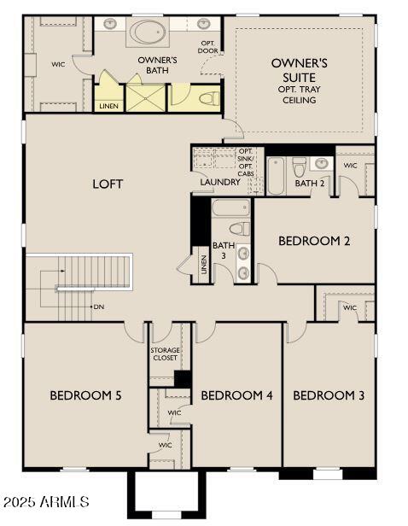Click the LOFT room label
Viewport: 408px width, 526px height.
click(x=107, y=184)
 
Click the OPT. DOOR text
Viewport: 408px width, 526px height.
click(x=207, y=46)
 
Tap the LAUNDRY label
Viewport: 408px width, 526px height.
click(x=220, y=182)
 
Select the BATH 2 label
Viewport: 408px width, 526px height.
click(x=308, y=182)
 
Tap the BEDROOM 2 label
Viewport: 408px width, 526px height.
click(x=314, y=241)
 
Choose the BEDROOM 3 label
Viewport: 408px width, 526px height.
click(x=329, y=395)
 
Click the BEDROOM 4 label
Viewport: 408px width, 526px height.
click(x=236, y=395)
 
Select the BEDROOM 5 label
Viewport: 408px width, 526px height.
click(x=85, y=395)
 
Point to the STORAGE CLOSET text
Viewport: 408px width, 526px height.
click(x=166, y=354)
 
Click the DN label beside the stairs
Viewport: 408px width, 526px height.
click(x=99, y=306)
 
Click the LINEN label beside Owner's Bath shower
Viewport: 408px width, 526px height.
click(x=108, y=106)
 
